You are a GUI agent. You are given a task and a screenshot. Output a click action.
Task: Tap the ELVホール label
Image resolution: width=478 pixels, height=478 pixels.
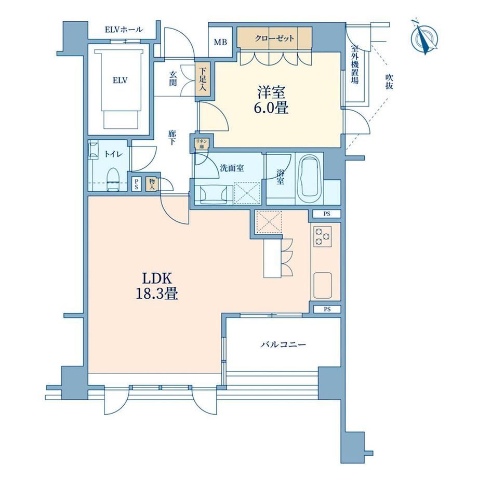click(124, 30)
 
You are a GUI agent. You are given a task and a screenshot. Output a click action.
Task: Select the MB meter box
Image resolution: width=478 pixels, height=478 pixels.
click(220, 42)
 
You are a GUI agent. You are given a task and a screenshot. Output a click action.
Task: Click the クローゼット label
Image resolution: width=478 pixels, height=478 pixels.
click(274, 38)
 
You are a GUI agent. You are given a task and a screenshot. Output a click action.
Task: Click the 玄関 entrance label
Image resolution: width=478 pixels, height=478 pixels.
click(173, 78)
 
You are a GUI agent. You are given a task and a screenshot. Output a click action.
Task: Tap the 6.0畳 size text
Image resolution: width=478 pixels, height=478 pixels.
click(271, 108)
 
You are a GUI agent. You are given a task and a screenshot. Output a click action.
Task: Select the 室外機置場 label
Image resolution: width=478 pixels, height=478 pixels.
click(354, 64)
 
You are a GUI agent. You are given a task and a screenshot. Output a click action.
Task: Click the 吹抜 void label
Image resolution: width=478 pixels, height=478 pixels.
click(389, 82)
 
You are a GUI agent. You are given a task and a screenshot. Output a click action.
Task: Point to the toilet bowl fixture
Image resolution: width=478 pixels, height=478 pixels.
click(113, 179)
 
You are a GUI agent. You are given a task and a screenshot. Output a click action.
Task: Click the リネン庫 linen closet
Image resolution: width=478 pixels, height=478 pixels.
click(202, 144)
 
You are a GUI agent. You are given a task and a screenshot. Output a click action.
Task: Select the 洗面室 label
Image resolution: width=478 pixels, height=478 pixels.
click(232, 168)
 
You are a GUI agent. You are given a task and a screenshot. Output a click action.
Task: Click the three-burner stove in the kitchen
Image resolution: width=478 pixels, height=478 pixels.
click(322, 236)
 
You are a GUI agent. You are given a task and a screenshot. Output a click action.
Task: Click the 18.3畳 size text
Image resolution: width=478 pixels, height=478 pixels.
click(157, 294)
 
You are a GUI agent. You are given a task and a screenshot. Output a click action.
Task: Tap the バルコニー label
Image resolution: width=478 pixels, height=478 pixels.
click(283, 345)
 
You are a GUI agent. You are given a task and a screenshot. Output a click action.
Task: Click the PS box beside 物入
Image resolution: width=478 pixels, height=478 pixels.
click(136, 184)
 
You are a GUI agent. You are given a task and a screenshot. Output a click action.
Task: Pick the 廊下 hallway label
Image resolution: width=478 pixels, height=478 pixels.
click(172, 138)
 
